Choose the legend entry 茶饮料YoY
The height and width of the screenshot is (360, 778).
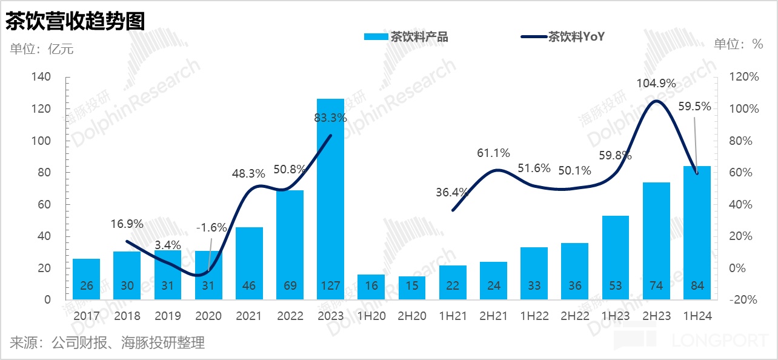click(x=564, y=37)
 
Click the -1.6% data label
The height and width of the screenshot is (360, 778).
click(x=211, y=228)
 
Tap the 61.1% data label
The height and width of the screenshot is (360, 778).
click(x=493, y=153)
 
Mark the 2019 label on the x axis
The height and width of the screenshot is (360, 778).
click(x=167, y=316)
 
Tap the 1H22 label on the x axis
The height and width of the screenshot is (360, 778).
click(x=534, y=316)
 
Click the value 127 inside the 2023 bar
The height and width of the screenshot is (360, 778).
click(x=330, y=286)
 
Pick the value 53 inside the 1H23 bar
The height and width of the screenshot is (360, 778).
click(x=616, y=286)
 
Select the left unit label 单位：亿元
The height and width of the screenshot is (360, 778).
click(x=42, y=49)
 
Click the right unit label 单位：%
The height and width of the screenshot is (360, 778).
click(x=738, y=44)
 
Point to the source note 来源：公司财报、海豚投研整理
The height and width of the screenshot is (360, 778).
click(x=107, y=343)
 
